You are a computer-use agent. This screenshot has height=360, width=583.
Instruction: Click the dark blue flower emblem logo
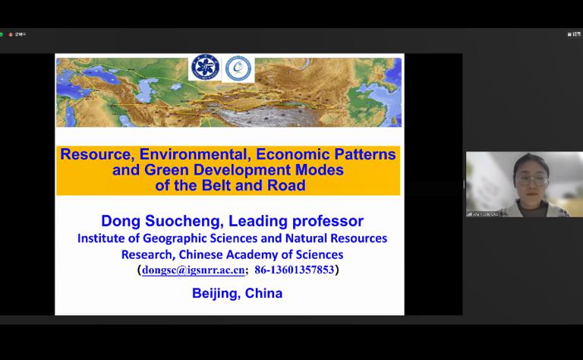(x=204, y=68)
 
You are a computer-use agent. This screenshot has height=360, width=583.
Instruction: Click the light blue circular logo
(x=239, y=68)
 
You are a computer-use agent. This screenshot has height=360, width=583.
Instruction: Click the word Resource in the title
(x=96, y=154)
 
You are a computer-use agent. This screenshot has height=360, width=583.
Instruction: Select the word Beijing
(x=216, y=293)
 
